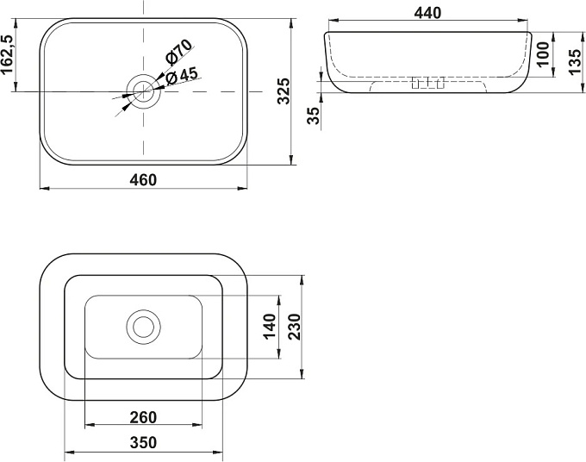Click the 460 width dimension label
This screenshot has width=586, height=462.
pyautogui.click(x=143, y=180)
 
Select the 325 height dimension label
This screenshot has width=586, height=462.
pyautogui.click(x=284, y=91)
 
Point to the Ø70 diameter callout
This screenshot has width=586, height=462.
pyautogui.click(x=178, y=51)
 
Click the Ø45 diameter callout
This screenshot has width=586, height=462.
pyautogui.click(x=182, y=76)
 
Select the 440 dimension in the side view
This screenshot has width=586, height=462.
pyautogui.click(x=428, y=13)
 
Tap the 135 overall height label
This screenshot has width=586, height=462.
pyautogui.click(x=575, y=62)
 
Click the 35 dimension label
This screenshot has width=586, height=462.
pyautogui.click(x=314, y=115)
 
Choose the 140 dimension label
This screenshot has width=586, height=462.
pyautogui.click(x=270, y=327)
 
